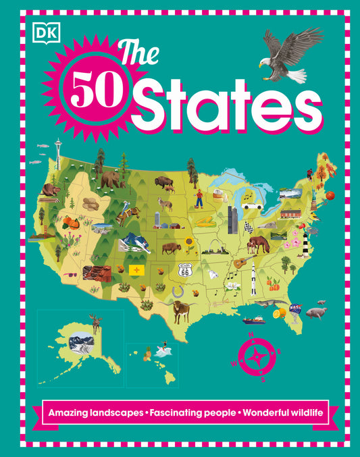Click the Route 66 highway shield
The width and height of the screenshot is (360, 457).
click(184, 269)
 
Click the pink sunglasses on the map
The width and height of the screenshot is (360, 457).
click(70, 275)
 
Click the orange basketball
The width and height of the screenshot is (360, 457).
click(330, 196)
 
